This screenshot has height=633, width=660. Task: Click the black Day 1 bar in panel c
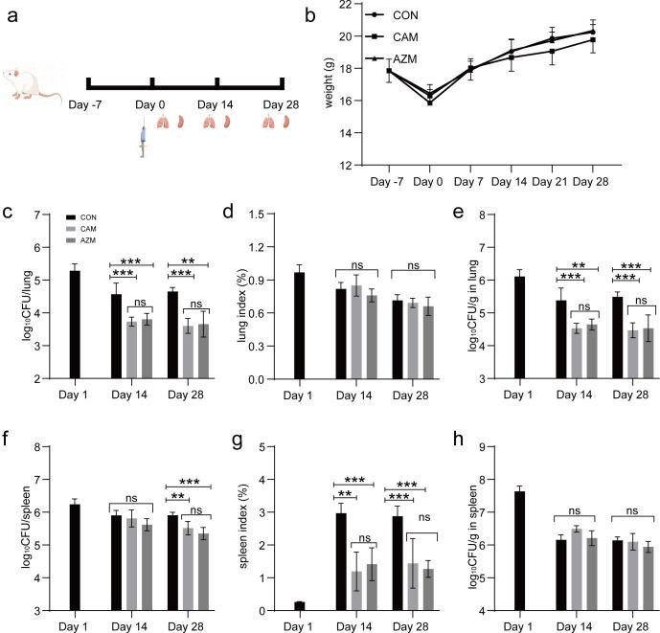[74, 325]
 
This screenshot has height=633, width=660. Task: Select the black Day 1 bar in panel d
[300, 326]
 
